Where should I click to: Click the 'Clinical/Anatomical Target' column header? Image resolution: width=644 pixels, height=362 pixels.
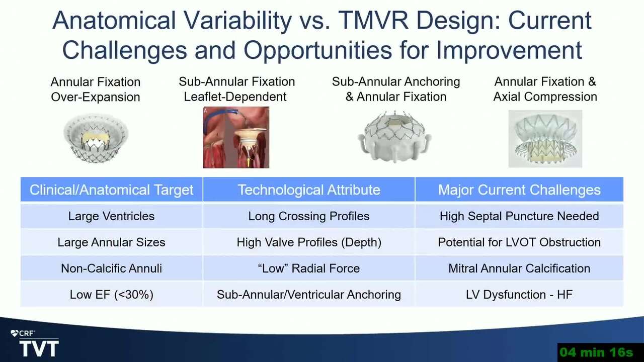[x=112, y=190]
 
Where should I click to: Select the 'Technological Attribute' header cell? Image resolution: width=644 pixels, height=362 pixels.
[x=309, y=190]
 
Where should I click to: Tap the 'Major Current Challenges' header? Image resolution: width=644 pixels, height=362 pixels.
[x=519, y=190]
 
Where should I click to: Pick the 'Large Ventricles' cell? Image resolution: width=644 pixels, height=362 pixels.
[x=112, y=216]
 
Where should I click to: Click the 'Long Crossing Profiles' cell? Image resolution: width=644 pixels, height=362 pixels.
[x=309, y=216]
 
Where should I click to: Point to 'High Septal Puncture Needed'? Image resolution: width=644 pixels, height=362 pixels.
[x=519, y=216]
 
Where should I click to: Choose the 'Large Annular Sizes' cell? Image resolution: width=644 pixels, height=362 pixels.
[x=112, y=242]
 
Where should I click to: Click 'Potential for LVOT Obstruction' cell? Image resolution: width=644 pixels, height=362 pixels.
[x=519, y=242]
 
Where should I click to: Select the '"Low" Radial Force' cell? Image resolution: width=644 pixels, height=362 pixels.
[x=309, y=268]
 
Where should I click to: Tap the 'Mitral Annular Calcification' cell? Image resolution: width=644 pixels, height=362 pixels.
[x=519, y=268]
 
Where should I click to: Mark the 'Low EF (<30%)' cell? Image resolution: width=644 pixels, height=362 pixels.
[x=112, y=295]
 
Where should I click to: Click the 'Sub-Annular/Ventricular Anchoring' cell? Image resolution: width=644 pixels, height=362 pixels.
[x=309, y=295]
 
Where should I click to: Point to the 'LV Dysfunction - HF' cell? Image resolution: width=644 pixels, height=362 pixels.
[x=519, y=295]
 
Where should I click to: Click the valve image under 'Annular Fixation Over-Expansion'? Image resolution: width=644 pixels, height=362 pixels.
[x=96, y=138]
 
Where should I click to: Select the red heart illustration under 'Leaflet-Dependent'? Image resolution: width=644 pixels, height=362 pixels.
[x=236, y=137]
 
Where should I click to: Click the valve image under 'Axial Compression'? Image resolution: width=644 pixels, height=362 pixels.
[x=545, y=138]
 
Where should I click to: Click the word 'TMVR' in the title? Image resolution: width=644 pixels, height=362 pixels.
[x=373, y=20]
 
